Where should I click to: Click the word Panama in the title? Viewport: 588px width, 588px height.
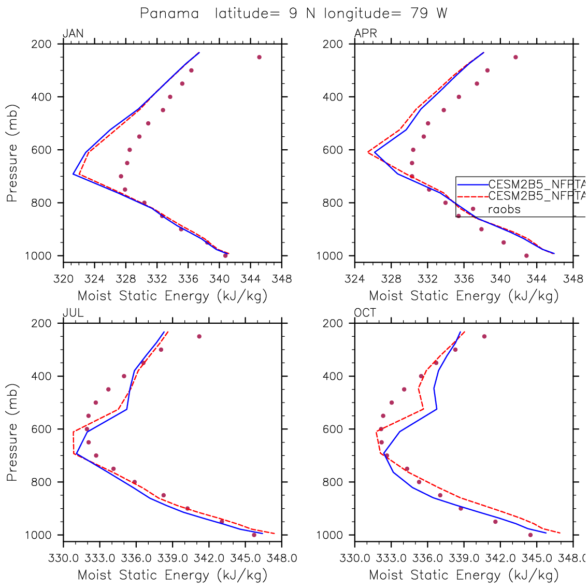(169, 13)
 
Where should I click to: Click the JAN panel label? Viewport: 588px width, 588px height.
(73, 34)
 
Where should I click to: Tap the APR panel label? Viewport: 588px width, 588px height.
(365, 34)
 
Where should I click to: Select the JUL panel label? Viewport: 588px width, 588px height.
(73, 313)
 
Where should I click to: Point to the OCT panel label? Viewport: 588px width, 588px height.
(365, 313)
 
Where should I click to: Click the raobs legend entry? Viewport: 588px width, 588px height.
(504, 209)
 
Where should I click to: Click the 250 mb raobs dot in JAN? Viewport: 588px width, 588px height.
(259, 57)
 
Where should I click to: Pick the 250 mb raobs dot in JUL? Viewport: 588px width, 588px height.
(199, 336)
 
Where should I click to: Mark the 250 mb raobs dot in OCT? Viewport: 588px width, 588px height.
(484, 336)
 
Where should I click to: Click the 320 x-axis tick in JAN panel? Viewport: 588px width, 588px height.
(63, 279)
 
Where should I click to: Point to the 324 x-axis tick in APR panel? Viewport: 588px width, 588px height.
(355, 279)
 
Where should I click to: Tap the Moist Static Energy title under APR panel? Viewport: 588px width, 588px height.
(464, 296)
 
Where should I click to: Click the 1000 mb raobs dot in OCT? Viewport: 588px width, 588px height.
(530, 535)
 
